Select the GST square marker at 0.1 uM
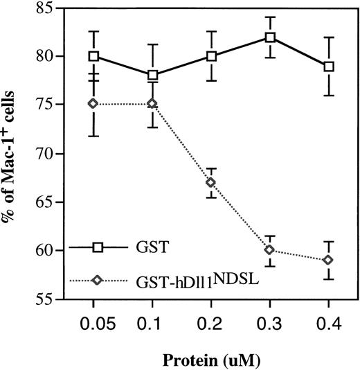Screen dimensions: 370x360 tap(152, 75)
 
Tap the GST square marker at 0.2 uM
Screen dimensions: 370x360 tap(211, 56)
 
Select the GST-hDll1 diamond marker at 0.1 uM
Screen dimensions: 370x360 tap(152, 104)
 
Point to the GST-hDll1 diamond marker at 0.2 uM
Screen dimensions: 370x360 tap(211, 182)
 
